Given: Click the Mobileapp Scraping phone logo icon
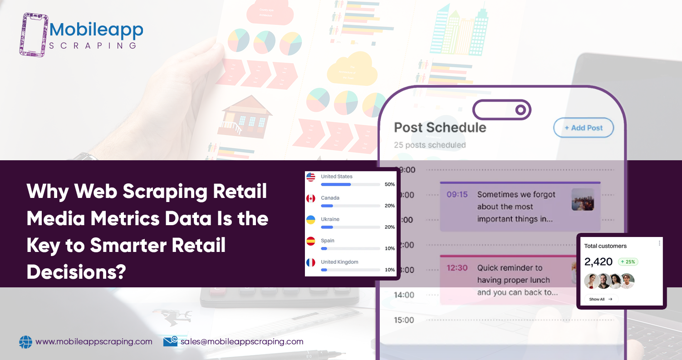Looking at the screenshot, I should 34,35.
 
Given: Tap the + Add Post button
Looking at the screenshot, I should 584,128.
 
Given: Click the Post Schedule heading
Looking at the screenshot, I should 440,128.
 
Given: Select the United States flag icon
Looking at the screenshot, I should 311,177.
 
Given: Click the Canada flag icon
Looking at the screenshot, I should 311,198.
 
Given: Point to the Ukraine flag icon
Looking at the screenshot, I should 311,220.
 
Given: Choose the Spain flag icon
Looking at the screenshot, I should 311,241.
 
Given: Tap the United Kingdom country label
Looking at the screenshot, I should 339,262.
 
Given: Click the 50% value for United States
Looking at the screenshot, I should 389,184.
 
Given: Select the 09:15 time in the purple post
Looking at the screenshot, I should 457,194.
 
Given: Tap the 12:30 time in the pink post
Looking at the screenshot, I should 457,268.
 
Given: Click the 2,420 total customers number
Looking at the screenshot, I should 598,261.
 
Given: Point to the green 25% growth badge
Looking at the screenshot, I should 628,262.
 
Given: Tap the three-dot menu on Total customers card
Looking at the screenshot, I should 659,243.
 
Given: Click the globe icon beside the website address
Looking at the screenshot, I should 26,342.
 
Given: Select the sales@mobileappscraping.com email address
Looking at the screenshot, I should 241,342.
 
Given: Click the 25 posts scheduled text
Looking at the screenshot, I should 430,145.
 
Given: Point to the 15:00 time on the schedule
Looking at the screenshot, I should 403,320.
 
